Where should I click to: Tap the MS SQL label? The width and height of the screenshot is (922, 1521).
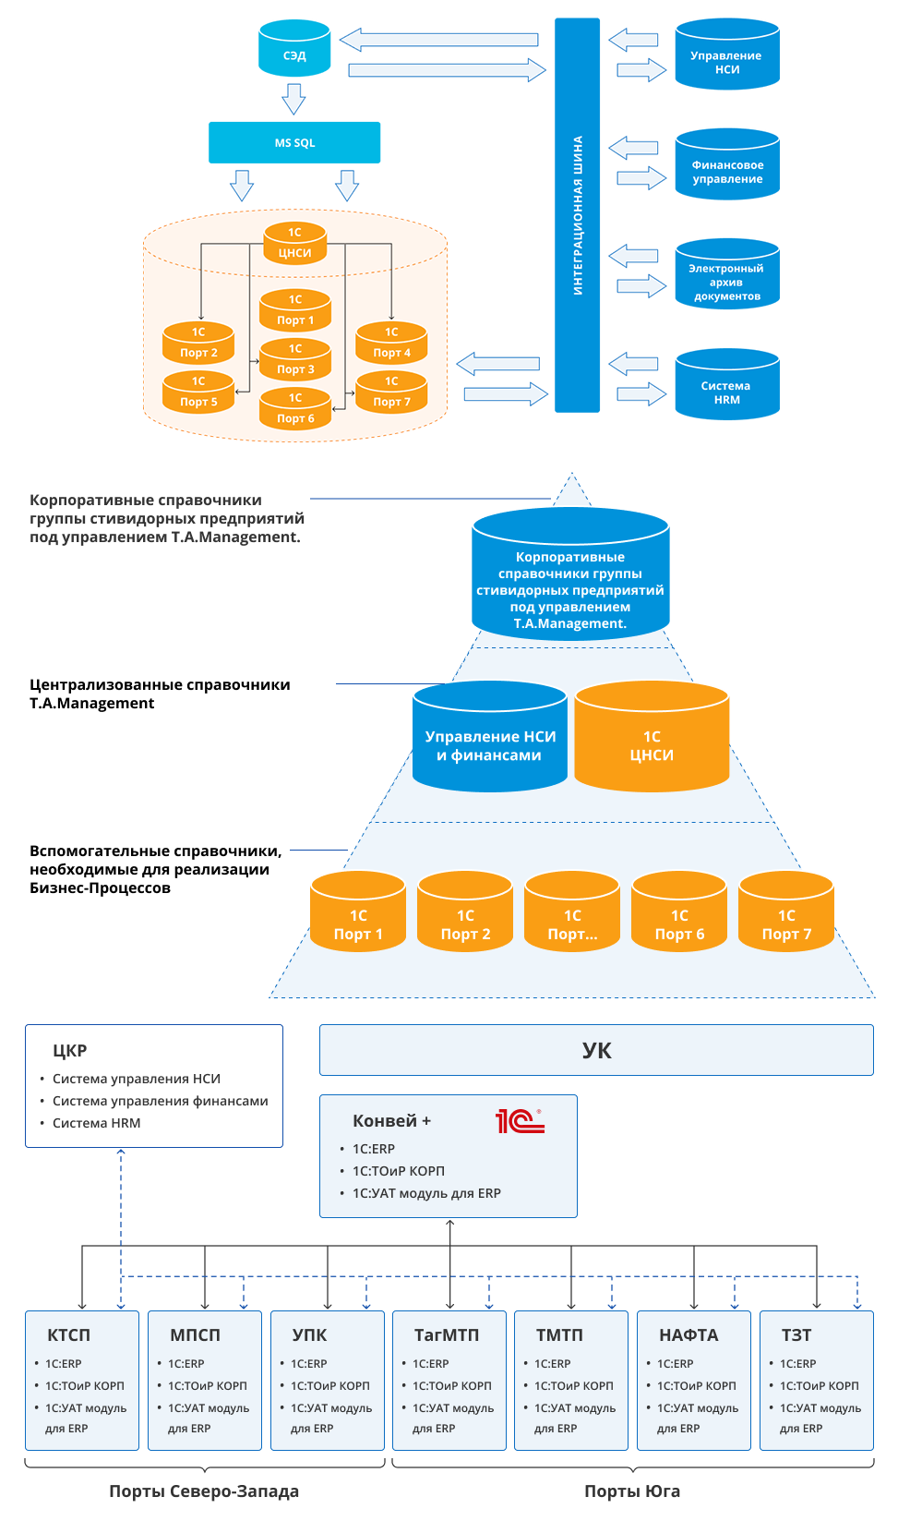(294, 143)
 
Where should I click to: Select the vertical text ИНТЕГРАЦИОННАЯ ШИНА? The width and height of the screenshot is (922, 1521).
(578, 215)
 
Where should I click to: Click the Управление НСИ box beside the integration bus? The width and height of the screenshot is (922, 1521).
(726, 63)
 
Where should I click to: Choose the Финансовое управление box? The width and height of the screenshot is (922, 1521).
(727, 172)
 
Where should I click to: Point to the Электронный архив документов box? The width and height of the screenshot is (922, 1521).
(726, 282)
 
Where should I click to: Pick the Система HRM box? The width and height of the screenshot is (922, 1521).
(726, 392)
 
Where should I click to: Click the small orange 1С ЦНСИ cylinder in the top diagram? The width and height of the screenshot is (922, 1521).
(295, 244)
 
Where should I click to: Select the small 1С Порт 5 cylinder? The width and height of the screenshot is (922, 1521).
(198, 392)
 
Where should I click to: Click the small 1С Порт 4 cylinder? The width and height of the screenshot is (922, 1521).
(391, 344)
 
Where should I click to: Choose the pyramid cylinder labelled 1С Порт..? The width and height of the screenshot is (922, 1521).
(572, 914)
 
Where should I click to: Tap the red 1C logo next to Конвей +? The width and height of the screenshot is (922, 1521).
(520, 1121)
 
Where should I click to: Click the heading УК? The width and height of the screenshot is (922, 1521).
(596, 1051)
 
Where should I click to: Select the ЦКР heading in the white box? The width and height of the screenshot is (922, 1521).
(70, 1051)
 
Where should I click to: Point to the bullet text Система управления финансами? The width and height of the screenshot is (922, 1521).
(160, 1101)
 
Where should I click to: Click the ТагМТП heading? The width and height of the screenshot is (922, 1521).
(447, 1335)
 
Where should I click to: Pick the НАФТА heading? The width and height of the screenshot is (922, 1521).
(689, 1335)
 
